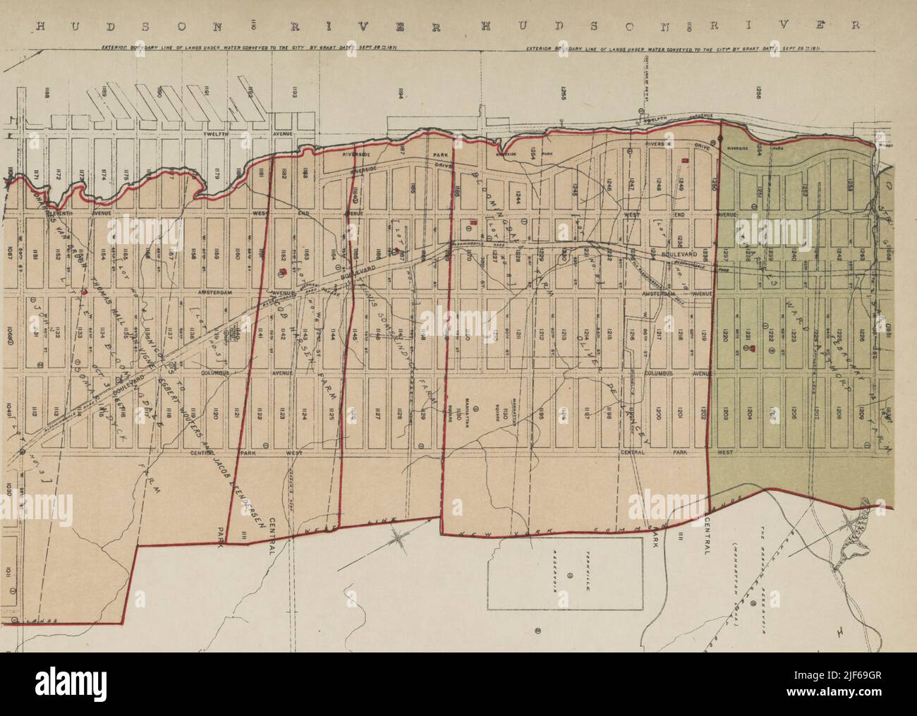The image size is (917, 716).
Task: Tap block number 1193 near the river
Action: (295, 92)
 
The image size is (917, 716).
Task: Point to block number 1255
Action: (564, 98)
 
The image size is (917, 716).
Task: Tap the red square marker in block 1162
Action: (281, 271)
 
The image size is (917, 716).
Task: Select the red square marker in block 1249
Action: (684, 162)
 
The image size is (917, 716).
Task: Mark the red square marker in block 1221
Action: (753, 348)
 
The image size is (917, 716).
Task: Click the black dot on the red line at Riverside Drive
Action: (720, 140)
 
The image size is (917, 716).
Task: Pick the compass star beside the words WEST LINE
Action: (400, 538)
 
